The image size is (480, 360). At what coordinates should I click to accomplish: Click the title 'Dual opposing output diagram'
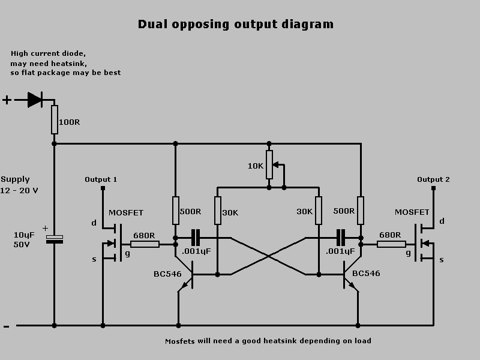236,25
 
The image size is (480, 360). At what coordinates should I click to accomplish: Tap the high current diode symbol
35,100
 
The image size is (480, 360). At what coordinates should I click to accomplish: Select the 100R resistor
54,120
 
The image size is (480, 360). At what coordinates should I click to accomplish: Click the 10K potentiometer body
269,166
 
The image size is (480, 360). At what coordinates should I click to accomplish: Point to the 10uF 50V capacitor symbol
54,239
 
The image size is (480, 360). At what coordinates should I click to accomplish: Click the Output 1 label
101,179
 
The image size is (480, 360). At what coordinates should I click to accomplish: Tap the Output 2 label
433,179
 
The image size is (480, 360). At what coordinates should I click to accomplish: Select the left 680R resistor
145,244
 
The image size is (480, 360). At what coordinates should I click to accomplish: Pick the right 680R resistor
391,244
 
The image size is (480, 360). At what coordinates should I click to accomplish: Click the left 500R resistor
175,211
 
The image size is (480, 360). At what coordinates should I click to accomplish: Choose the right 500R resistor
360,211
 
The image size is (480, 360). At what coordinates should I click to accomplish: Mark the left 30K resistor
217,211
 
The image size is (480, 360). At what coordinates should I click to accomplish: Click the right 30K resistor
318,211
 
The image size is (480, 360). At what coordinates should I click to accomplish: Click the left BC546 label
167,274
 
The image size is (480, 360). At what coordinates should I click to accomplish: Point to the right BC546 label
366,274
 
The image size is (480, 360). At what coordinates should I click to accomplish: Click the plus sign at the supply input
7,100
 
